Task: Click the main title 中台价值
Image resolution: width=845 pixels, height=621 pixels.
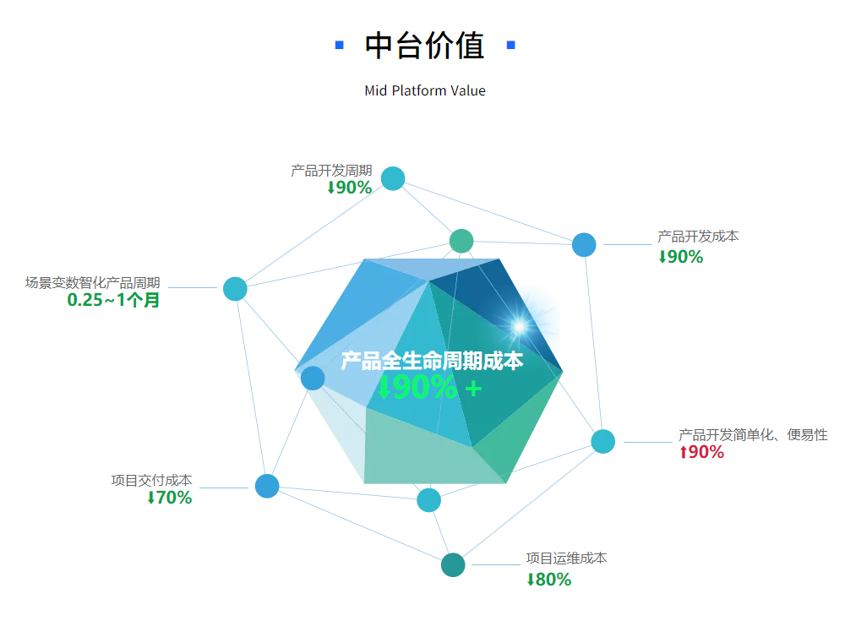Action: [x=425, y=46]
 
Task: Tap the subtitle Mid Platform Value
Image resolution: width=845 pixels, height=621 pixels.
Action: [x=425, y=90]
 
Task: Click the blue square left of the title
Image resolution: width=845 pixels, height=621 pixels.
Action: [x=340, y=45]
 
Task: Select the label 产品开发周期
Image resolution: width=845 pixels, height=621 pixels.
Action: [x=331, y=171]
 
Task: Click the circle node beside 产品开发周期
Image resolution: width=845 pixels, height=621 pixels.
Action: [x=393, y=178]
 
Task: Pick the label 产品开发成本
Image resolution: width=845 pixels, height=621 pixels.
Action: [x=698, y=236]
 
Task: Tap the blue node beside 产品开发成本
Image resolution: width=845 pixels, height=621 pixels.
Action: [x=584, y=245]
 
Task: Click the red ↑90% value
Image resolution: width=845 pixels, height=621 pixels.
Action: [x=701, y=452]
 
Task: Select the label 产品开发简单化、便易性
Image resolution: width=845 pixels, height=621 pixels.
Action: [x=753, y=434]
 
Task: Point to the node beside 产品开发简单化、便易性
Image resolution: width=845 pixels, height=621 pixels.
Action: [x=603, y=442]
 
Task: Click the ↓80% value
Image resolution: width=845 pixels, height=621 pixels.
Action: [x=548, y=580]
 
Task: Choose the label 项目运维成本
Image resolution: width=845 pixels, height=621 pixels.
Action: [x=566, y=558]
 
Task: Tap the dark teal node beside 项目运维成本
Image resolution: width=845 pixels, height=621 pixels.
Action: [x=453, y=565]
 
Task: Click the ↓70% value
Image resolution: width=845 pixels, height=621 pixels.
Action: [x=169, y=498]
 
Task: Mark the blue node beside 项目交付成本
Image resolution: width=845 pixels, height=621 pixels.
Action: [x=267, y=486]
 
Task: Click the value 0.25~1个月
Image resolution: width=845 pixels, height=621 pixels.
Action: [x=113, y=300]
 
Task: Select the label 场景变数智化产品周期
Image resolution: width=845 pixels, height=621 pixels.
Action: [x=93, y=282]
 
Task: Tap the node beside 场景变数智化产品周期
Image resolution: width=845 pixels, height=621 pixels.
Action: [x=235, y=288]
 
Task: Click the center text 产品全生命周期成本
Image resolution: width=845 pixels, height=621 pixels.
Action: [x=432, y=361]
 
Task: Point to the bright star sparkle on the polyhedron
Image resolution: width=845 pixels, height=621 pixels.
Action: [x=520, y=326]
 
